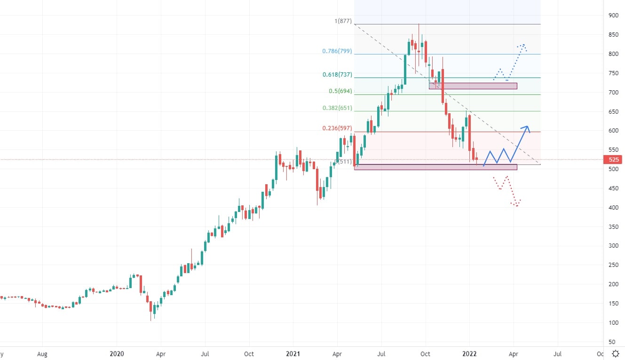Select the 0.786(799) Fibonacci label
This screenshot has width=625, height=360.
pos(337,51)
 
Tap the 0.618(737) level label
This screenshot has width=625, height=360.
pos(337,74)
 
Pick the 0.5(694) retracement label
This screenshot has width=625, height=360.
pos(340,91)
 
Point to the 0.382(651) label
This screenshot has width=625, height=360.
pos(337,108)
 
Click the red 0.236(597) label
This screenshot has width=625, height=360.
pos(337,128)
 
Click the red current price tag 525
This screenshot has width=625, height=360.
pos(614,159)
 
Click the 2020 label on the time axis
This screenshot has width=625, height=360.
pos(117,353)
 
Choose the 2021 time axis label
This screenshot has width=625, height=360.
pos(293,353)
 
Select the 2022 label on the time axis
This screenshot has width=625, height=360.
pos(469,353)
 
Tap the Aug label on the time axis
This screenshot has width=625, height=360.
pos(42,353)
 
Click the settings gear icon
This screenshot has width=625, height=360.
pos(615,353)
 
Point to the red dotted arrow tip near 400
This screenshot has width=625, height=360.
pos(517,205)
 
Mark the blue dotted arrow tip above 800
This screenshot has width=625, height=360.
pos(522,46)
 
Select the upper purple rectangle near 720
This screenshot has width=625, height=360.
pos(473,86)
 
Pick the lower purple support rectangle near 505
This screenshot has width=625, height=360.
pos(435,167)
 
